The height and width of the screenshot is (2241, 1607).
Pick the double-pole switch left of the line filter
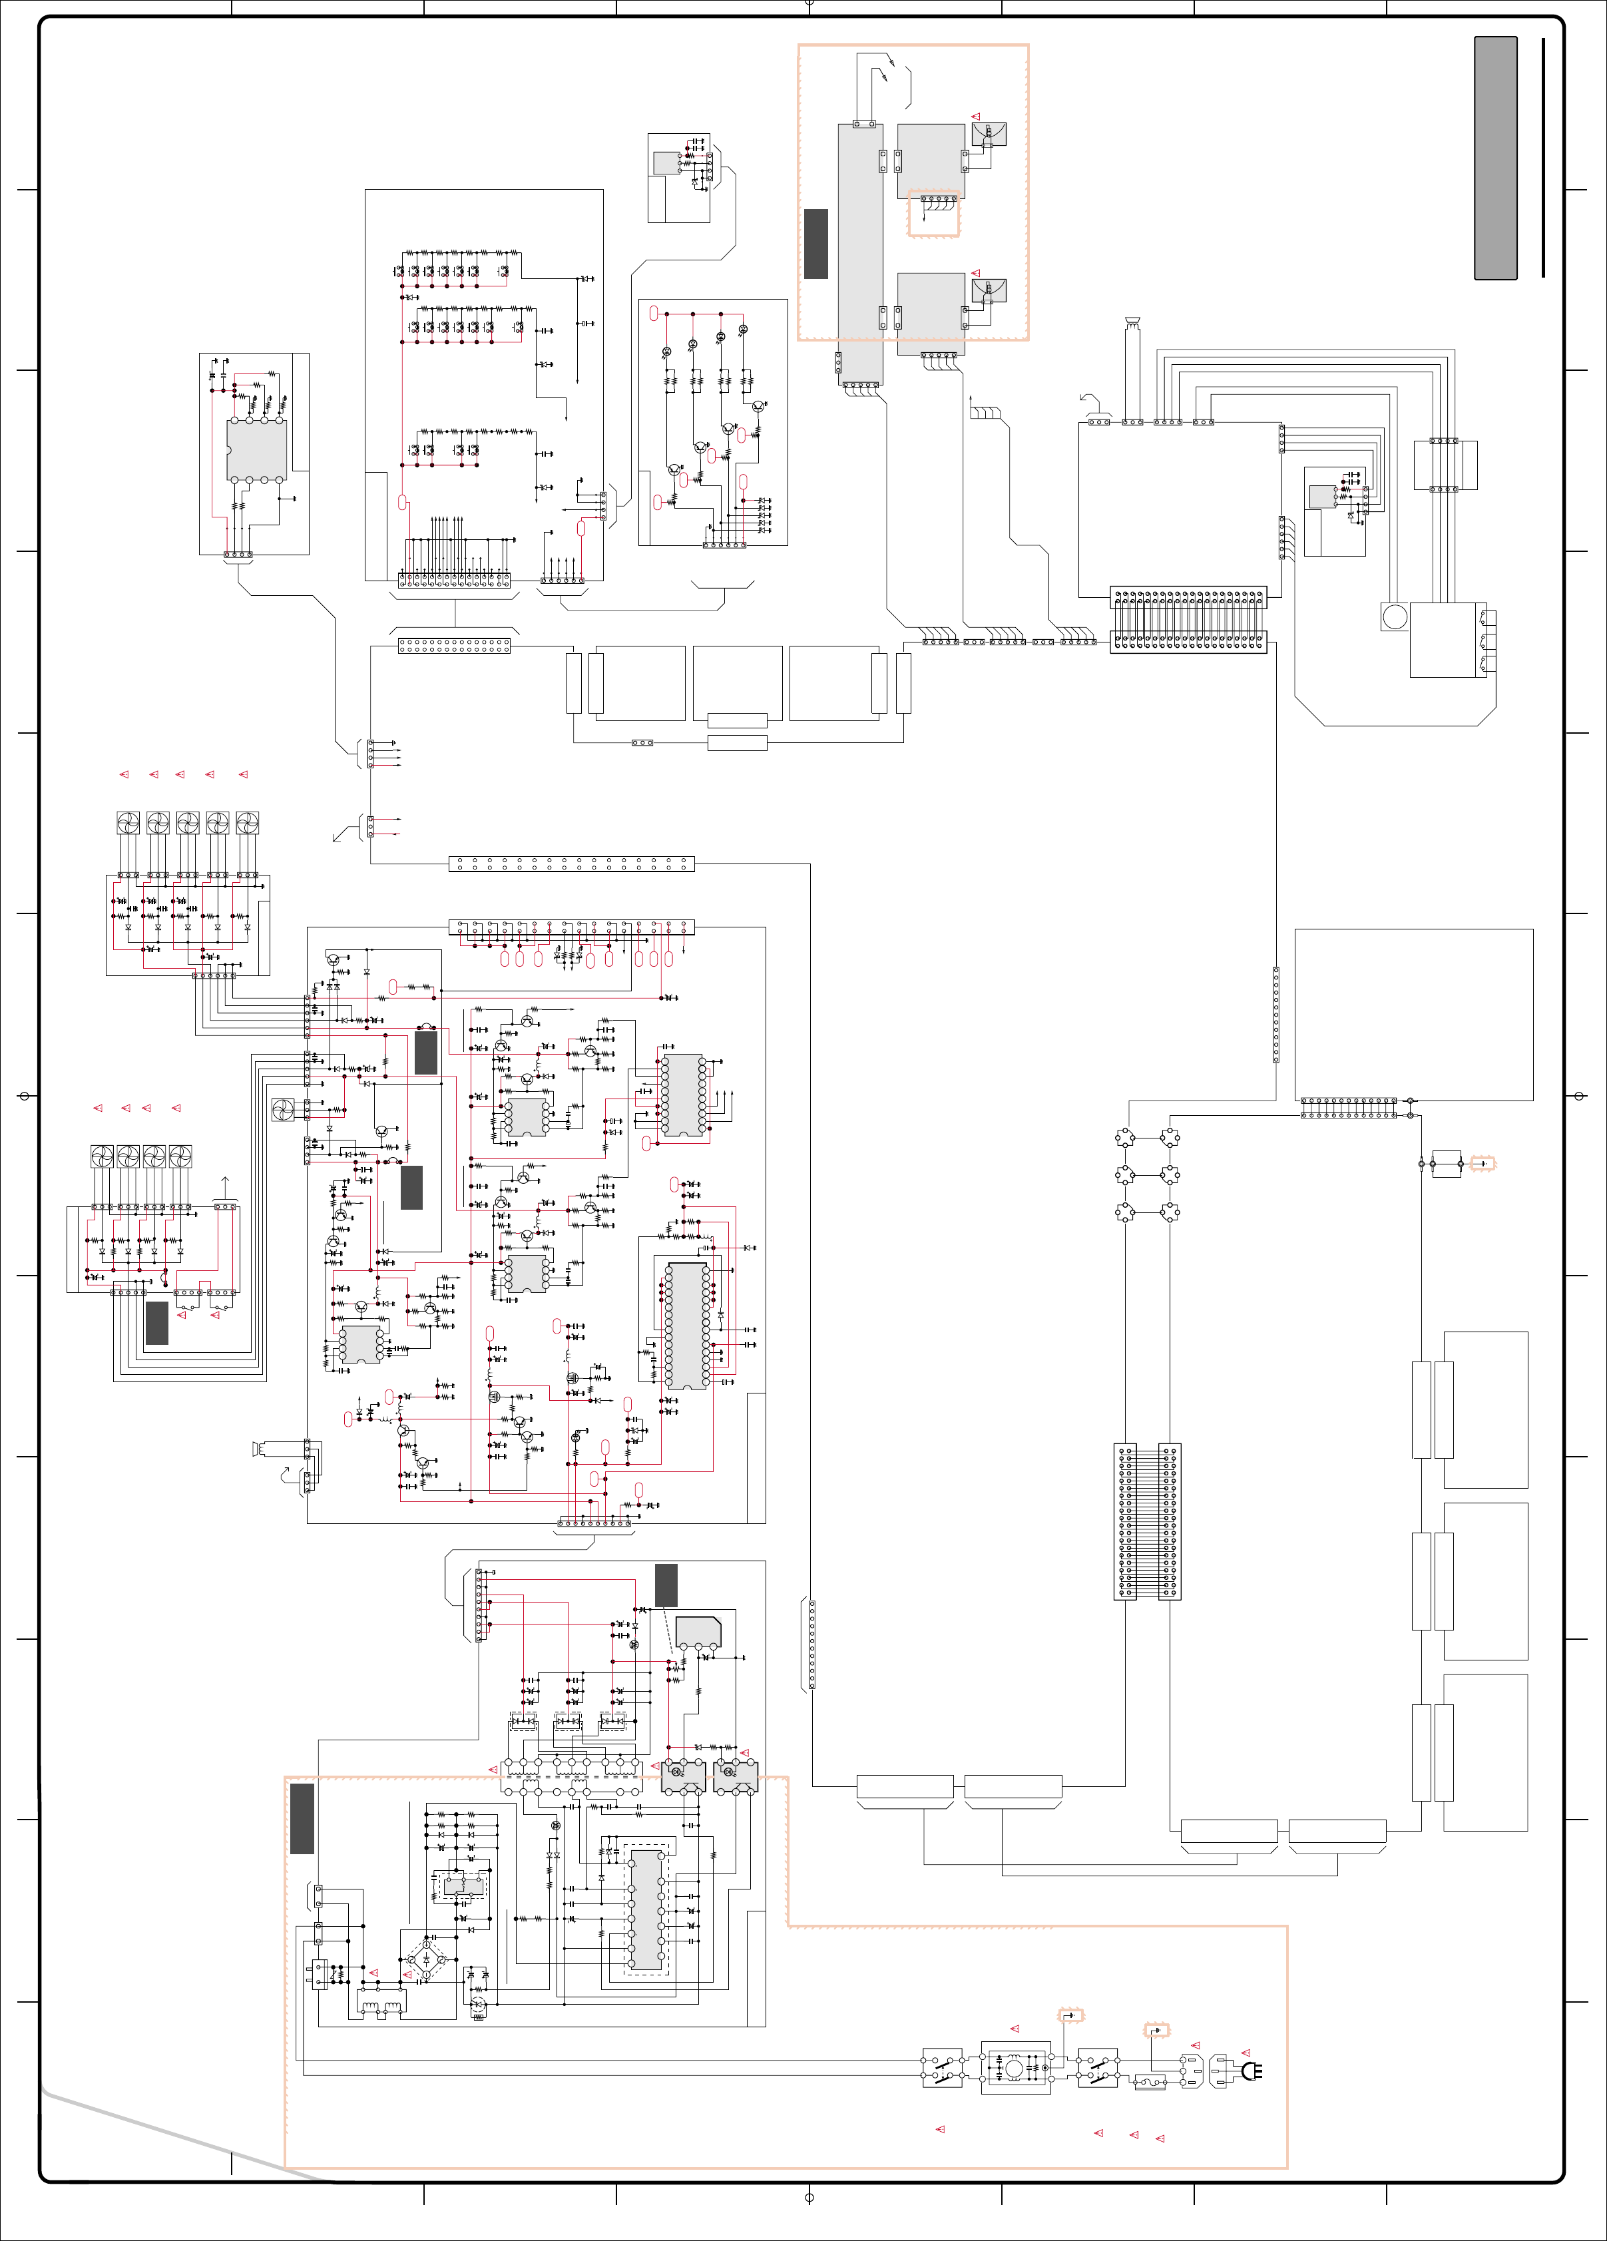[942, 2067]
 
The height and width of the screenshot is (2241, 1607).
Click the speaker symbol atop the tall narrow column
[1132, 320]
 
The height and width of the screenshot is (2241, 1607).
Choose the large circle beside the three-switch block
[1395, 617]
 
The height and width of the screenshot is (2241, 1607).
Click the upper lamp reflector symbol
[989, 133]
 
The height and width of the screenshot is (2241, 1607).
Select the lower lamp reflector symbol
[989, 290]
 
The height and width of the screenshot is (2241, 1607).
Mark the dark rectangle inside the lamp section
[816, 243]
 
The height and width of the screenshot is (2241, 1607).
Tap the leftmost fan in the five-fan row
[128, 822]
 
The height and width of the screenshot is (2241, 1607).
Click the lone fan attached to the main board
[282, 1110]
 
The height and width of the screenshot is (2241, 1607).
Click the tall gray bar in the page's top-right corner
[1495, 158]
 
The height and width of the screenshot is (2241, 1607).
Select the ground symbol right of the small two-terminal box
[1483, 1164]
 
